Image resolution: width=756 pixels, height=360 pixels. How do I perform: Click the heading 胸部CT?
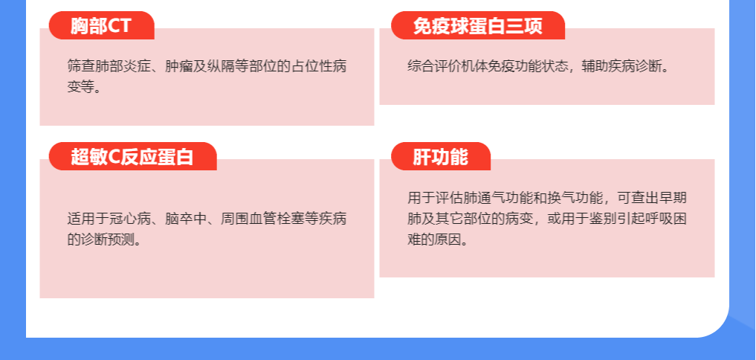(101, 25)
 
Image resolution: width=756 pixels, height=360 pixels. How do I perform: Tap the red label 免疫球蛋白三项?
(478, 25)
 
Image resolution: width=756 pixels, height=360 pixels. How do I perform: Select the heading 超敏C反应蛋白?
(132, 157)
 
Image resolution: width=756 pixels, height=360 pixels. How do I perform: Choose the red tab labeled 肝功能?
(441, 157)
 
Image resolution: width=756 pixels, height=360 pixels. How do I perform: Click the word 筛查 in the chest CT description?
(81, 67)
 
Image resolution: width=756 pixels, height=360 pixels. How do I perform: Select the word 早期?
(673, 198)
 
